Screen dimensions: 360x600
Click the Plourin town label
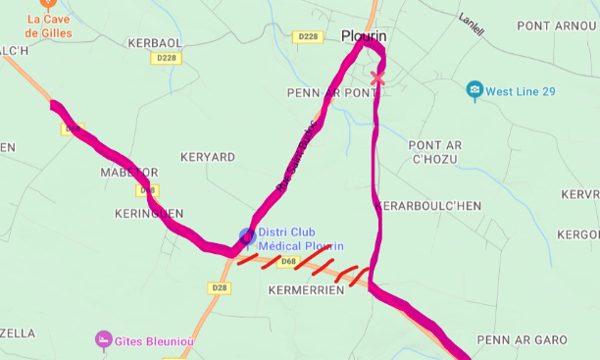point(364,36)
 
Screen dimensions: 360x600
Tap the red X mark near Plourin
point(377,78)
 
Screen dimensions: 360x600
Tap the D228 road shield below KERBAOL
point(164,59)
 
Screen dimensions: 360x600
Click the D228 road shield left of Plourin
point(308,36)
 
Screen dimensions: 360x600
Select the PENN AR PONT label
point(331,92)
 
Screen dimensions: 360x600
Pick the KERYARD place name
point(208,157)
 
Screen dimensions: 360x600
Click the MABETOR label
point(128,172)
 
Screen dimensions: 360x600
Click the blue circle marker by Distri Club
point(247,235)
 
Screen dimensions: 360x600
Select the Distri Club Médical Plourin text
point(301,238)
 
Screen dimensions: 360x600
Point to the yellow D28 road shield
point(220,287)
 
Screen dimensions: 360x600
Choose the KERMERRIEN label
point(306,291)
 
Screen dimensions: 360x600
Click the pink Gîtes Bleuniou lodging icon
point(102,338)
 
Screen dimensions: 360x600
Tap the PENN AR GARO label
point(522,339)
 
